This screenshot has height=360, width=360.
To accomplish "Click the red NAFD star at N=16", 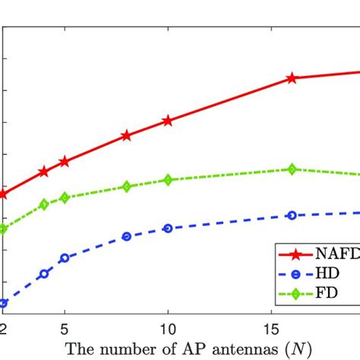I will coord(292,78).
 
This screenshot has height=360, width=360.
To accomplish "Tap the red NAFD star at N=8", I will coord(127,136).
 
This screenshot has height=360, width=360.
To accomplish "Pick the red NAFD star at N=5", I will coord(65,161).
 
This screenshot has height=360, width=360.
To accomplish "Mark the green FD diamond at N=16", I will coord(292,169).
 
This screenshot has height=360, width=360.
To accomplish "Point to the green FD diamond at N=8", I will coord(127,186).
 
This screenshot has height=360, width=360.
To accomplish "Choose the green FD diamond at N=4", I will coord(44,204).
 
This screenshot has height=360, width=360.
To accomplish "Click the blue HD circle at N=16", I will coord(292,216).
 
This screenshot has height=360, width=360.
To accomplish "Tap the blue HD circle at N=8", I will coord(127,236).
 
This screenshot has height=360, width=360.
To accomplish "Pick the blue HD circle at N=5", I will coord(65,258).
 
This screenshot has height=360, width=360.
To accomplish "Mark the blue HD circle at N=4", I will coord(44,273).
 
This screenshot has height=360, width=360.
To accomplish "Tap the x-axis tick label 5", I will coord(65,328).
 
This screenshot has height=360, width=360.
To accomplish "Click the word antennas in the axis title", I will coord(215,349).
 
